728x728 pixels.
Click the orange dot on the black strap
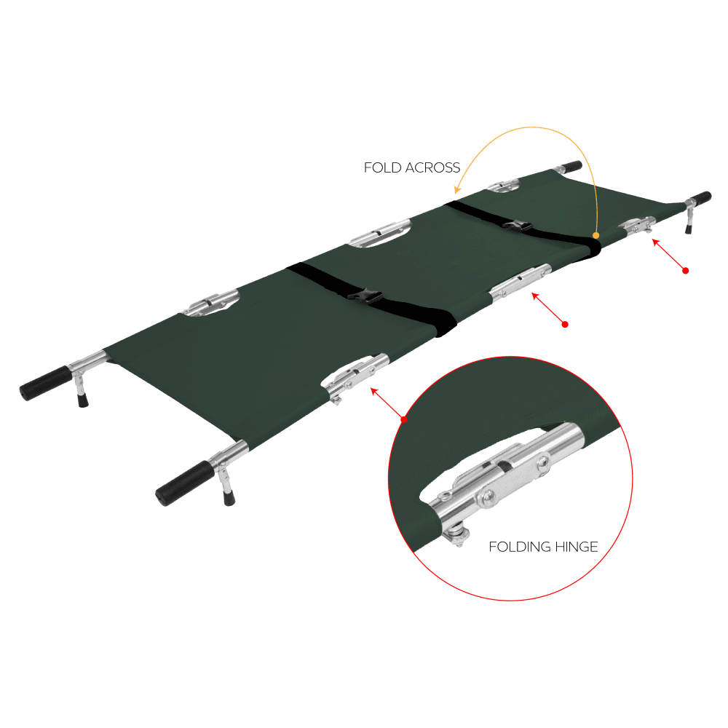[x=596, y=235]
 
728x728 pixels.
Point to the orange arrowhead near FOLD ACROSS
[x=457, y=189]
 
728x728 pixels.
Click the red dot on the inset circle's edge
[x=404, y=419]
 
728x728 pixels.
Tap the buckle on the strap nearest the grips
[x=365, y=296]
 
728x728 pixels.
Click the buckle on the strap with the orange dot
[x=517, y=226]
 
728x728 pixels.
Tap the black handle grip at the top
[x=571, y=166]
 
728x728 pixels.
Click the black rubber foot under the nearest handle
[x=229, y=498]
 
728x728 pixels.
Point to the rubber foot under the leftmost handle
[x=83, y=400]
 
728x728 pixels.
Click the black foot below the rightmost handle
[x=688, y=229]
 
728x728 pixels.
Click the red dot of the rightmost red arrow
[x=685, y=271]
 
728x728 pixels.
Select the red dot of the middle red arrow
[x=565, y=325]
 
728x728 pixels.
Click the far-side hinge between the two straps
[x=381, y=233]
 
